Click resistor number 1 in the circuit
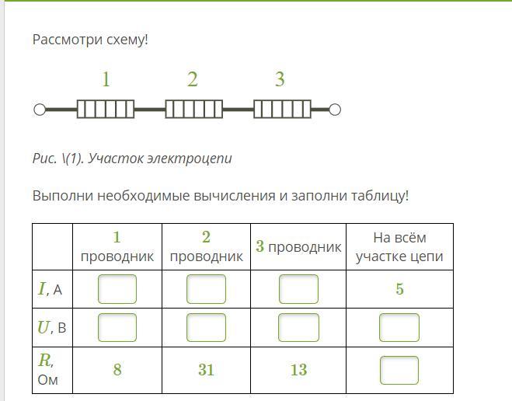pyautogui.click(x=106, y=109)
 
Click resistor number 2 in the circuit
pyautogui.click(x=194, y=109)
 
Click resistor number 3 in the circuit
pyautogui.click(x=283, y=109)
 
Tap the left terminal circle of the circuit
pyautogui.click(x=40, y=110)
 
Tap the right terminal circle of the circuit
pyautogui.click(x=335, y=110)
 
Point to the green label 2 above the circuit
pyautogui.click(x=193, y=79)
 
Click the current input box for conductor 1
pyautogui.click(x=117, y=289)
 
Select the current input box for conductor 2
pyautogui.click(x=206, y=289)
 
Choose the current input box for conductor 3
pyautogui.click(x=298, y=289)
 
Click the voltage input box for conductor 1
pyautogui.click(x=117, y=327)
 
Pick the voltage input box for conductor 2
pyautogui.click(x=206, y=327)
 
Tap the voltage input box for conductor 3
pyautogui.click(x=298, y=327)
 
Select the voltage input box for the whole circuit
pyautogui.click(x=399, y=327)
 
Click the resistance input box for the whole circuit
pyautogui.click(x=399, y=370)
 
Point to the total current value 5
pyautogui.click(x=399, y=289)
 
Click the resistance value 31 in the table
pyautogui.click(x=206, y=370)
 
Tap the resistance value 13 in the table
pyautogui.click(x=298, y=370)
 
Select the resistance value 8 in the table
pyautogui.click(x=117, y=370)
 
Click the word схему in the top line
pyautogui.click(x=126, y=40)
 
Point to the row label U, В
pyautogui.click(x=52, y=327)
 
